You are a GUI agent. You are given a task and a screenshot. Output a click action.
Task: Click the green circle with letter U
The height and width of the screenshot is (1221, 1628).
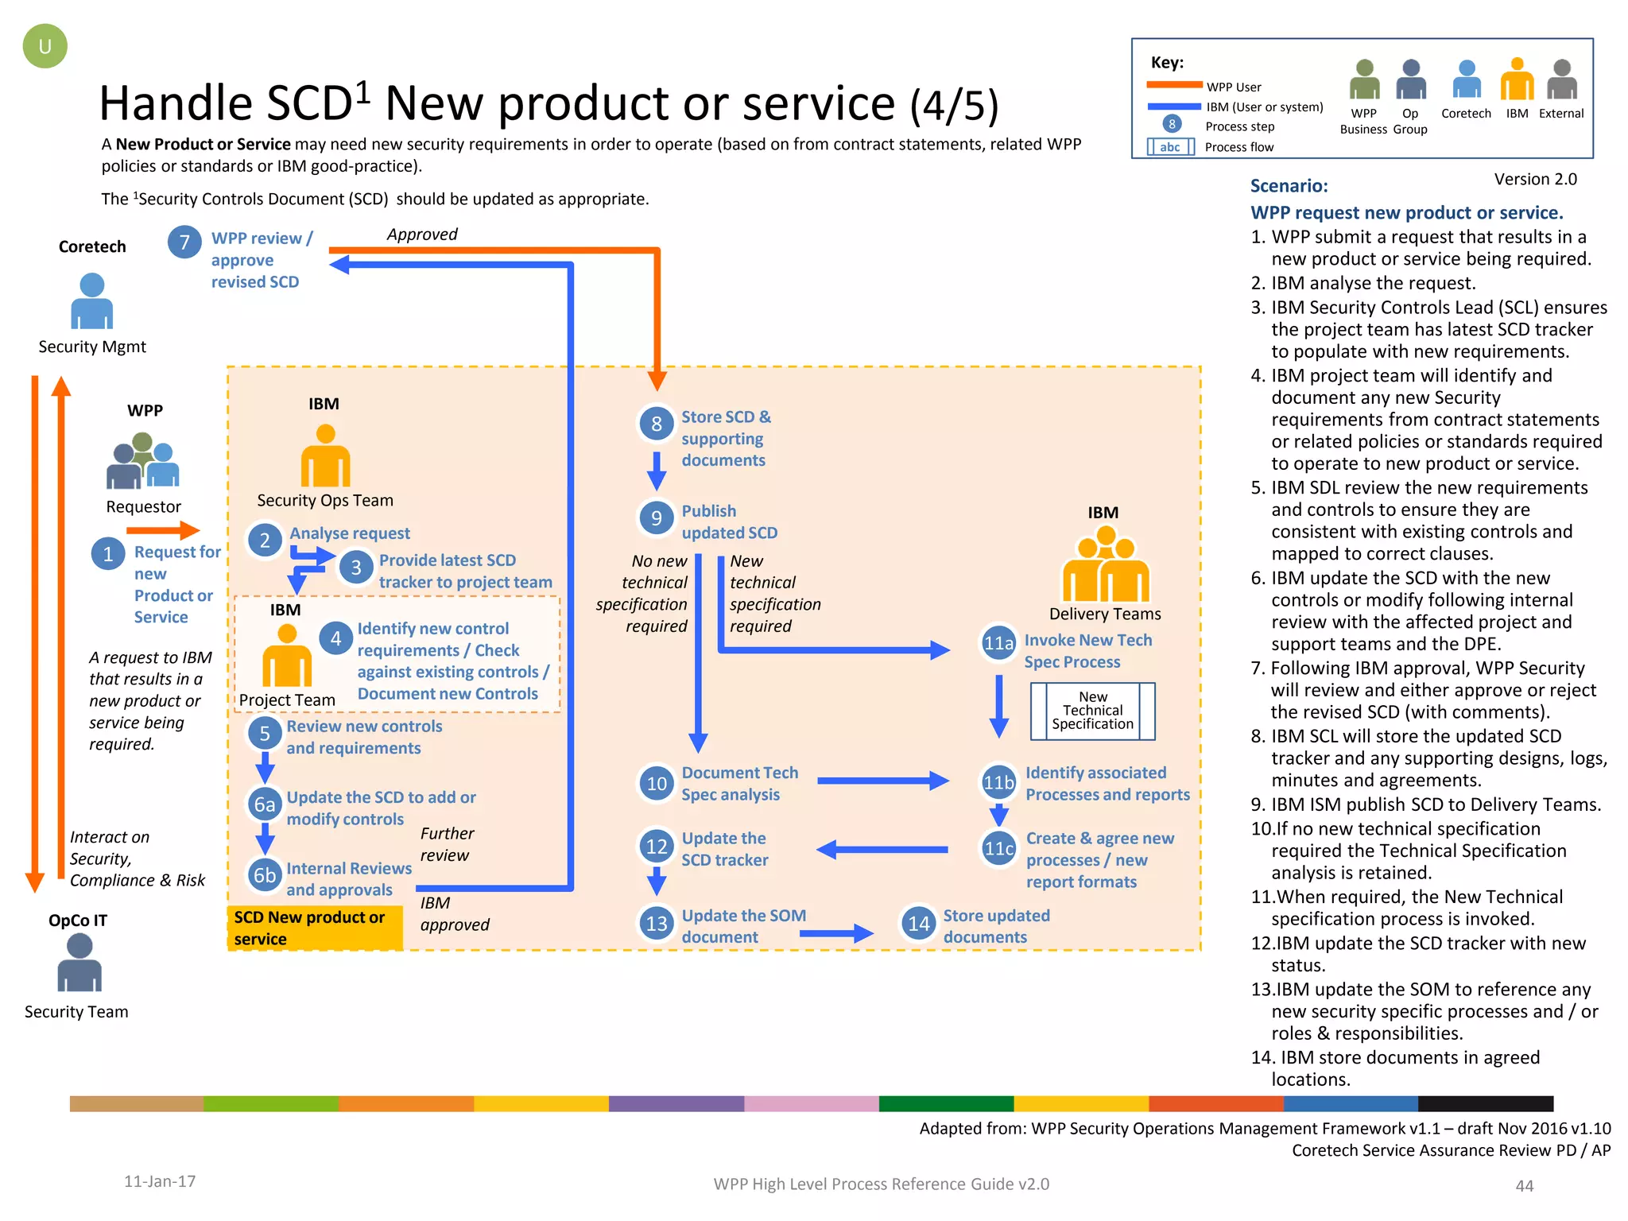(45, 46)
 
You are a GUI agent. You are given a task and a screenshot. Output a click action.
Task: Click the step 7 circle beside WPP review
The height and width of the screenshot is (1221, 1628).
(184, 242)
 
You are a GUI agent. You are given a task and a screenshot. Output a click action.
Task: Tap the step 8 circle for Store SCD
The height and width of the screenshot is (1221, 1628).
(657, 424)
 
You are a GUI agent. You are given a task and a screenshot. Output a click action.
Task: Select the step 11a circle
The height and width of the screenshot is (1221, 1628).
(998, 643)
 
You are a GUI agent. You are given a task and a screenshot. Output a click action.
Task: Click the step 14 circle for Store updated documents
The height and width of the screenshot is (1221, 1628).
(918, 924)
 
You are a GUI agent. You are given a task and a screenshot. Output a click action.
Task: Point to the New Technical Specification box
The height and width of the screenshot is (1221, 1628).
(1092, 711)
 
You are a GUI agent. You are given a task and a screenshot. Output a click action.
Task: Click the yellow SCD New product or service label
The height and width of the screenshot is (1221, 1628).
(315, 928)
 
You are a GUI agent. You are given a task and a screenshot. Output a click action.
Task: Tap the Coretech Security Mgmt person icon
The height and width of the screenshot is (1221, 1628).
(92, 301)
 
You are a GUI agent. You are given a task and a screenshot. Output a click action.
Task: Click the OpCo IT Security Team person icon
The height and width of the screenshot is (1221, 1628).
(79, 963)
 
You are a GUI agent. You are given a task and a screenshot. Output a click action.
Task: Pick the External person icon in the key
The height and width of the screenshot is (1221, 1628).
(1561, 79)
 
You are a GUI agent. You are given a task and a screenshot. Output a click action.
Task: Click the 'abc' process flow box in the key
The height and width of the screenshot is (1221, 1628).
(1170, 147)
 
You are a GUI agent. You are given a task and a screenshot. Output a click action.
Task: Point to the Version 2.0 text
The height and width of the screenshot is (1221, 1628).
(1535, 180)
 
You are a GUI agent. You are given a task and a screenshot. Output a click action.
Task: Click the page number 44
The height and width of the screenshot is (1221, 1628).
(1524, 1186)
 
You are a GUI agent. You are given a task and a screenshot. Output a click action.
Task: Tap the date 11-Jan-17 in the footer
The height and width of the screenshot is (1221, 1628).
(160, 1181)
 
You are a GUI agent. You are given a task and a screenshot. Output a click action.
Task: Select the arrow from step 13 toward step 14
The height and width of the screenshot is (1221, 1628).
(835, 933)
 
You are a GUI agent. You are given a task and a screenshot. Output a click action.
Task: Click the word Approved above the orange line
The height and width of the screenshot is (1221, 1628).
(422, 235)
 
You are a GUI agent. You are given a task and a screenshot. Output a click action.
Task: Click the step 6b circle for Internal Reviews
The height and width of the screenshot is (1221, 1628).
(265, 875)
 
